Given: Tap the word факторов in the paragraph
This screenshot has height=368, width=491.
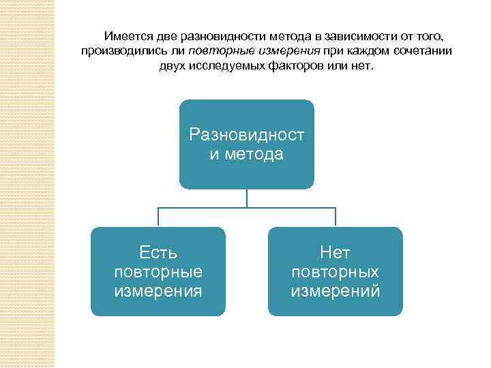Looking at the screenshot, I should click(292, 67).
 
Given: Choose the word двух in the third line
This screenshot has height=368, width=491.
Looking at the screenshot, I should click(171, 67).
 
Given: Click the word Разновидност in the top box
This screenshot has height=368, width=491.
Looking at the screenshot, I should click(247, 135).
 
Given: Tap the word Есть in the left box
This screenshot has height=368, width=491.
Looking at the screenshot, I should click(158, 254).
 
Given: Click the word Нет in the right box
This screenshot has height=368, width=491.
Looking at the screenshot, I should click(336, 254).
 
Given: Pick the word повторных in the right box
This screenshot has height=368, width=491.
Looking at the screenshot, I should click(336, 273).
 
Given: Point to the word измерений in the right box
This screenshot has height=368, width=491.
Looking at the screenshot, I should click(336, 291).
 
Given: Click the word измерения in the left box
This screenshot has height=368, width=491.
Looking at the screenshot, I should click(158, 291).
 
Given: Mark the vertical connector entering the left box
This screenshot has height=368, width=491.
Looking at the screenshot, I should click(158, 217).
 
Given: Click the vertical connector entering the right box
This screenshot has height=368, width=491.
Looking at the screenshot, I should click(336, 217).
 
